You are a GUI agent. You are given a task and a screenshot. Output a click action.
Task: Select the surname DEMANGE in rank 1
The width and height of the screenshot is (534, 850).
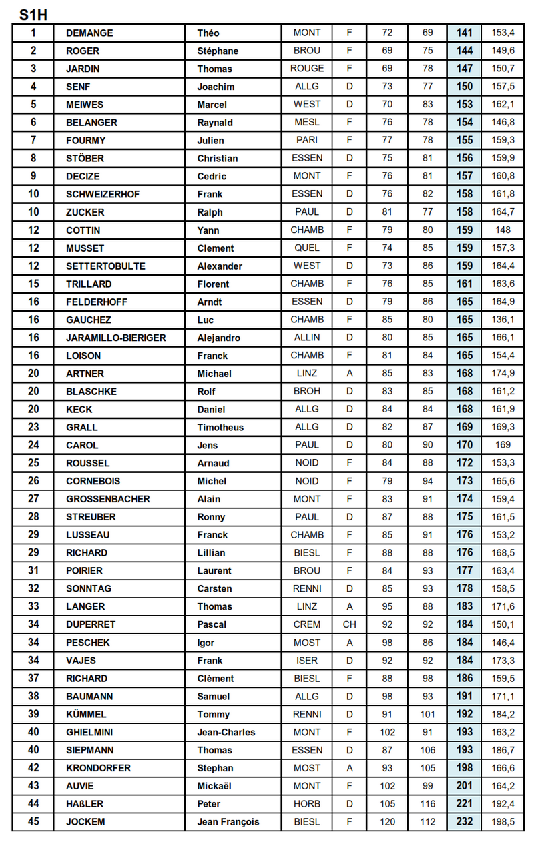[x=89, y=33]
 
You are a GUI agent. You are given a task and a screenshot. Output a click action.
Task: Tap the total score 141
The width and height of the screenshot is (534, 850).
[x=465, y=33]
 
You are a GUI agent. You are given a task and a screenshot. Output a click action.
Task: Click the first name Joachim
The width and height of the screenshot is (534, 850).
[x=216, y=87]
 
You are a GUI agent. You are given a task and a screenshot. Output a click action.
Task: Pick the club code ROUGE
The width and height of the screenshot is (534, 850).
[x=307, y=69]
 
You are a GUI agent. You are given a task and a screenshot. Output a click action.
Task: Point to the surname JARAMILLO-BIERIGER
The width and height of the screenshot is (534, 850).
[x=116, y=338]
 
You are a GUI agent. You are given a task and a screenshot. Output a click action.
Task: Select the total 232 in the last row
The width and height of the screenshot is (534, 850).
[x=465, y=822]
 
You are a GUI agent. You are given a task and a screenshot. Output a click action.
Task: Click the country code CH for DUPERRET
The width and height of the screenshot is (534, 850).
[x=350, y=624]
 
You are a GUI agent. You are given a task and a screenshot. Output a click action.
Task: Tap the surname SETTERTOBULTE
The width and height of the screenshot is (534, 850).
[x=105, y=266]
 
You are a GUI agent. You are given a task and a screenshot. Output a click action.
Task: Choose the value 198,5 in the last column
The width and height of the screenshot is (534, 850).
[x=503, y=822]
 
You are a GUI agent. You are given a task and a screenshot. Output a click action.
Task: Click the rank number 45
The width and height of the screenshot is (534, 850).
[x=33, y=822]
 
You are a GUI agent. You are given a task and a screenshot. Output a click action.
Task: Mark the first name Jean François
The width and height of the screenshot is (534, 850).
[x=228, y=822]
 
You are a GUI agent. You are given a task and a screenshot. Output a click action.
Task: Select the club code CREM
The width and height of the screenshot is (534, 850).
[x=307, y=624]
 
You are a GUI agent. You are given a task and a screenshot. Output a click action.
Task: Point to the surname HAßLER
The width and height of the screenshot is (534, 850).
[x=85, y=804]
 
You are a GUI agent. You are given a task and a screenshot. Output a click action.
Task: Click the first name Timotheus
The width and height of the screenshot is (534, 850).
[x=220, y=428]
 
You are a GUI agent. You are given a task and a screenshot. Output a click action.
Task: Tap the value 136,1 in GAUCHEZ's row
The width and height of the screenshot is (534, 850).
[x=503, y=320]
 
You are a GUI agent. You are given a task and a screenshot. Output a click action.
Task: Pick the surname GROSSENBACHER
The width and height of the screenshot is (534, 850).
[x=108, y=499]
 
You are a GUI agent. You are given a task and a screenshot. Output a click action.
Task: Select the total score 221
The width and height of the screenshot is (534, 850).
[x=465, y=804]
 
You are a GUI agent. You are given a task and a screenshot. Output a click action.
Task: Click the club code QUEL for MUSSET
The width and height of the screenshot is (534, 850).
[x=307, y=248]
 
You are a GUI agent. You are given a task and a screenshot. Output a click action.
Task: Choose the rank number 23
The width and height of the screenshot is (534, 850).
[x=33, y=428]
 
